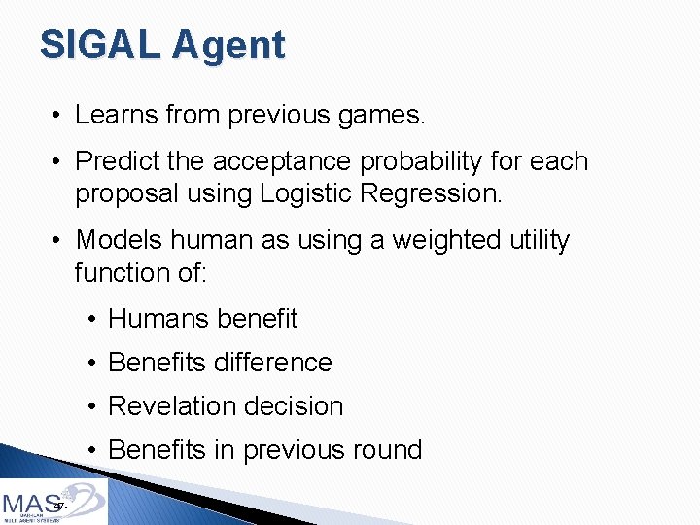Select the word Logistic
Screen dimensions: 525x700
[306, 193]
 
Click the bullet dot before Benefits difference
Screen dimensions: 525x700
[90, 363]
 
